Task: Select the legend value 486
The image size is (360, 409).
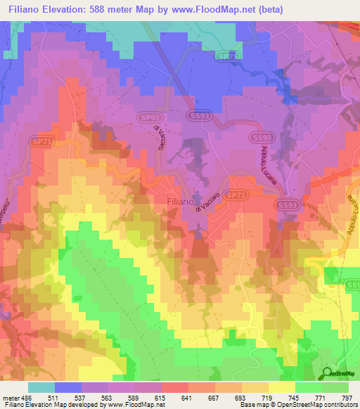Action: [x=27, y=397]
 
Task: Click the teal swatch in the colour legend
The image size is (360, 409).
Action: [x=41, y=387]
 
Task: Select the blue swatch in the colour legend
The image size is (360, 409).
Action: [x=68, y=387]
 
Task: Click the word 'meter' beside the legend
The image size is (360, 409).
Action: [x=10, y=397]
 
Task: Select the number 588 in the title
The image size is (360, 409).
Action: [x=111, y=9]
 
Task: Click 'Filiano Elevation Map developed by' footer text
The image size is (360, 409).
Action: [x=51, y=405]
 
